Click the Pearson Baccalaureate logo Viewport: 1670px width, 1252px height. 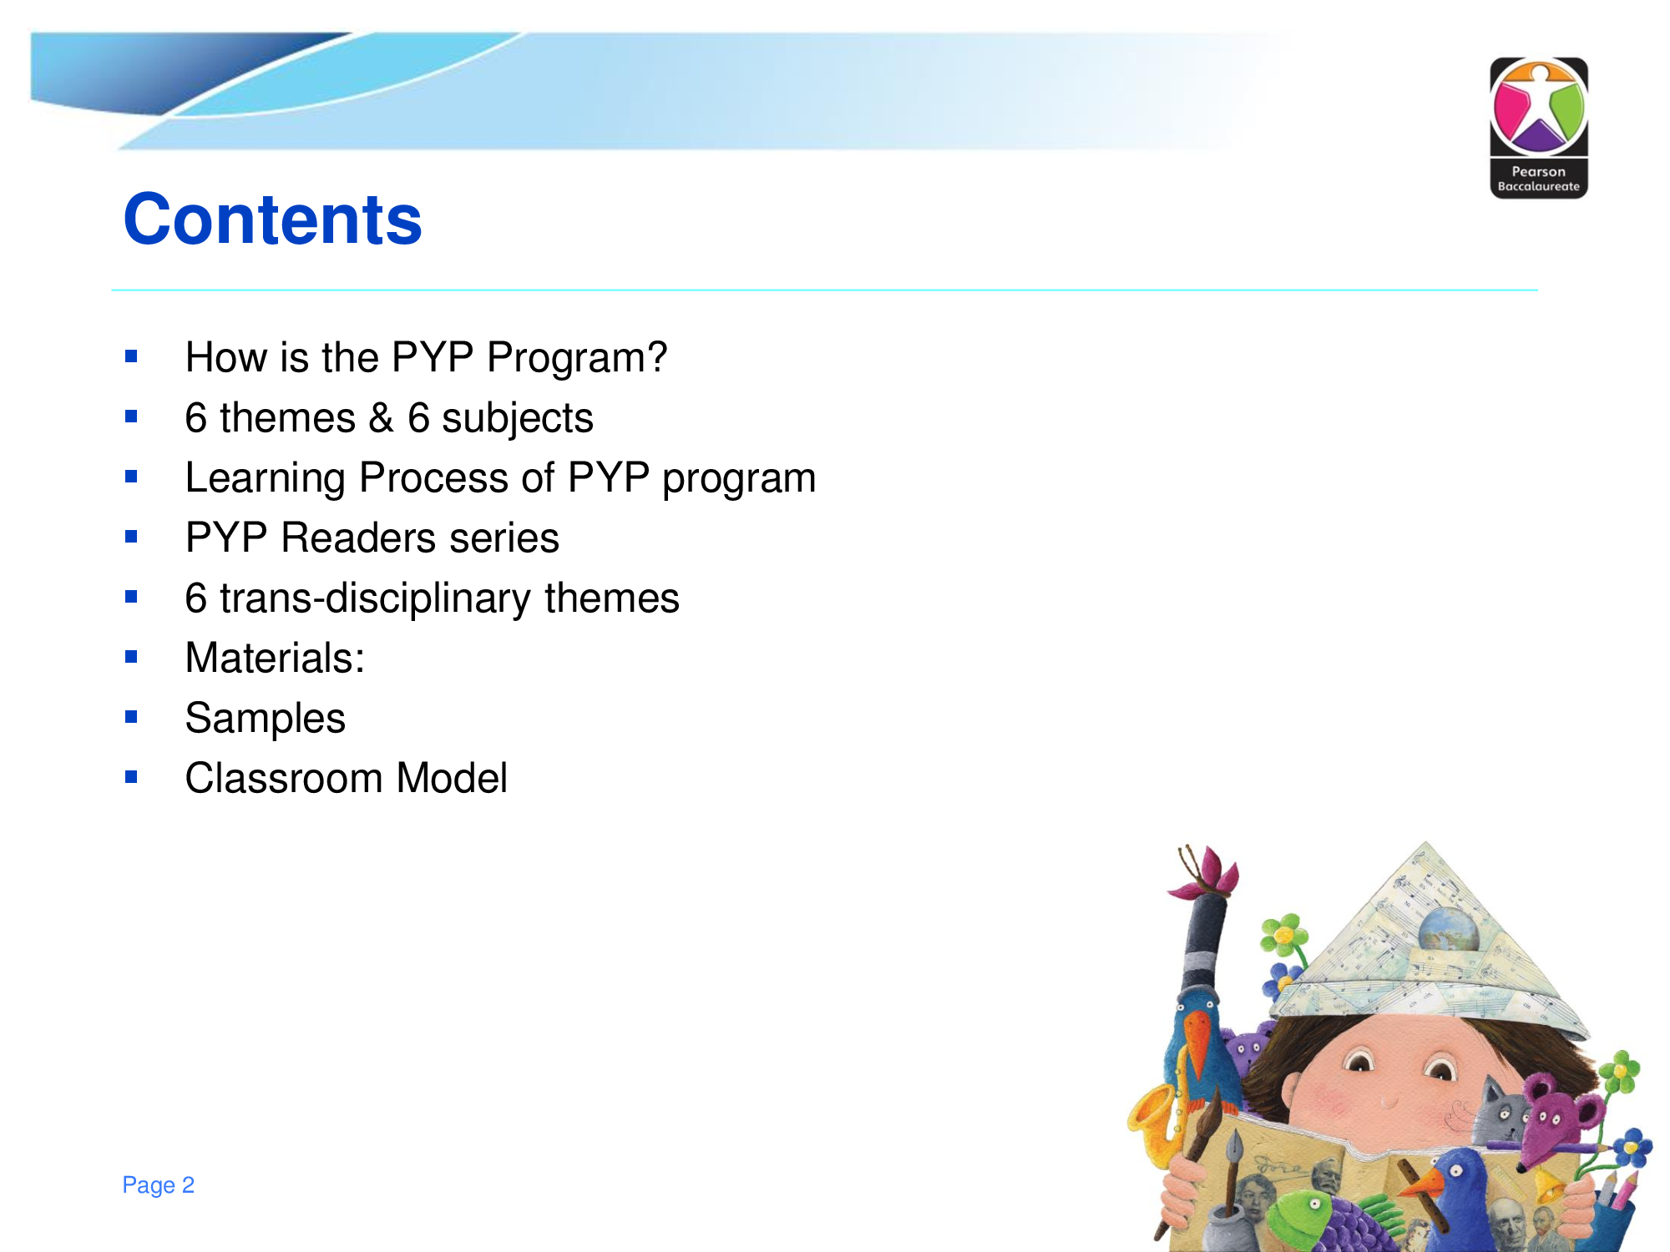[1539, 128]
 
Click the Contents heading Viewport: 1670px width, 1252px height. [273, 219]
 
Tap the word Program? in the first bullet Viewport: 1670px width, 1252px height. [577, 358]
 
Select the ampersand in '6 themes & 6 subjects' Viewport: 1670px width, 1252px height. [382, 417]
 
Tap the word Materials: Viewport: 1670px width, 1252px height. [275, 658]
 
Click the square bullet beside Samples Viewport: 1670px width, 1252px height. [131, 716]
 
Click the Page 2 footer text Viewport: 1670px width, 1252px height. [158, 1184]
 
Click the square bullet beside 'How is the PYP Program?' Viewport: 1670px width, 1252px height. [131, 356]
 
